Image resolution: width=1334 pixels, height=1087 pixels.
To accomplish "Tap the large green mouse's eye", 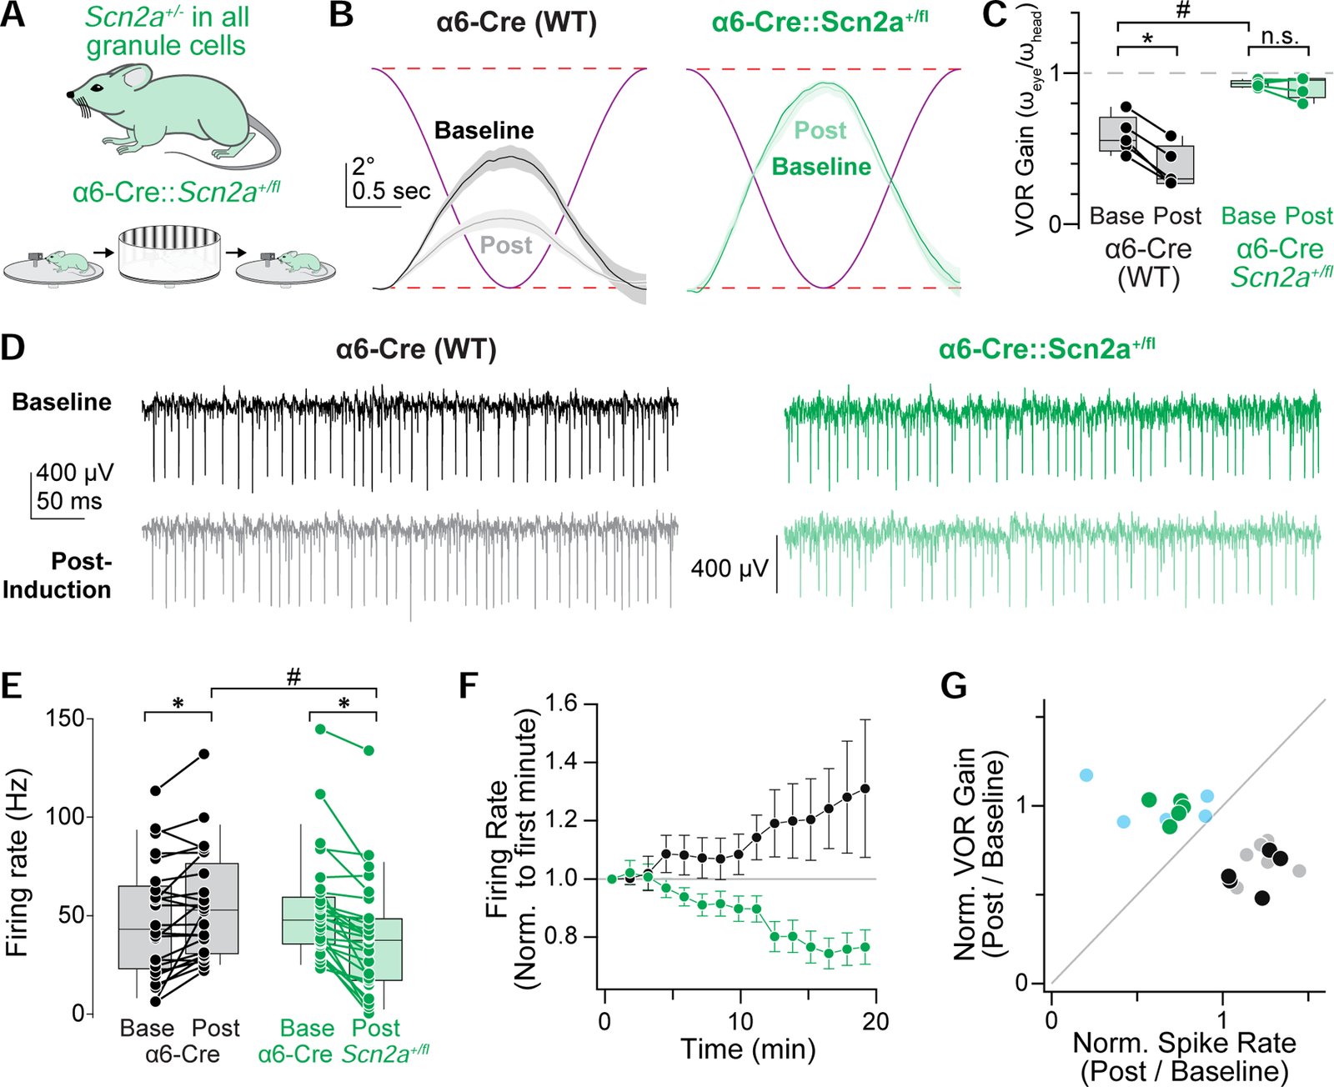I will (98, 88).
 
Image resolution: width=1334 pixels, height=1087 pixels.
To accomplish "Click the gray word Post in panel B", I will (506, 245).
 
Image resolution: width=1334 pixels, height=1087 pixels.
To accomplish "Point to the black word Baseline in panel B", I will (484, 131).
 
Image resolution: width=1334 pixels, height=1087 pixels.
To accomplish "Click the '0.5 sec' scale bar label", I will (391, 191).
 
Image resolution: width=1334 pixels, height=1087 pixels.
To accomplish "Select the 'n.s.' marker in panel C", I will (1279, 36).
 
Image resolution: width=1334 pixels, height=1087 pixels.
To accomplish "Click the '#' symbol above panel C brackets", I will (1181, 11).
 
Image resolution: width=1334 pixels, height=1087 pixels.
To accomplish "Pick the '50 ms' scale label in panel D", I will (69, 501).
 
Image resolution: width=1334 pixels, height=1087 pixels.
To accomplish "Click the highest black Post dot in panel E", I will (203, 754).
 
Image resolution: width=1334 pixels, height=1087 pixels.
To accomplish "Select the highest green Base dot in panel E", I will (320, 729).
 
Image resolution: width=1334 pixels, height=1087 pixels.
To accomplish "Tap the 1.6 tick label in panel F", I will (560, 704).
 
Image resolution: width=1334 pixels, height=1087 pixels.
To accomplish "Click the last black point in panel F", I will (865, 789).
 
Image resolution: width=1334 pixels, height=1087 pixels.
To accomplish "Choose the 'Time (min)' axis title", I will (748, 1048).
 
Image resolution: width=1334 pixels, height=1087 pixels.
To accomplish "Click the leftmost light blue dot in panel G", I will (1086, 775).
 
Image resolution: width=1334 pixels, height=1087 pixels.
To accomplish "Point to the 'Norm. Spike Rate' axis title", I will (1184, 1043).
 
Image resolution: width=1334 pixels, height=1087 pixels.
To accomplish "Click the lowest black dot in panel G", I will (1261, 898).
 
